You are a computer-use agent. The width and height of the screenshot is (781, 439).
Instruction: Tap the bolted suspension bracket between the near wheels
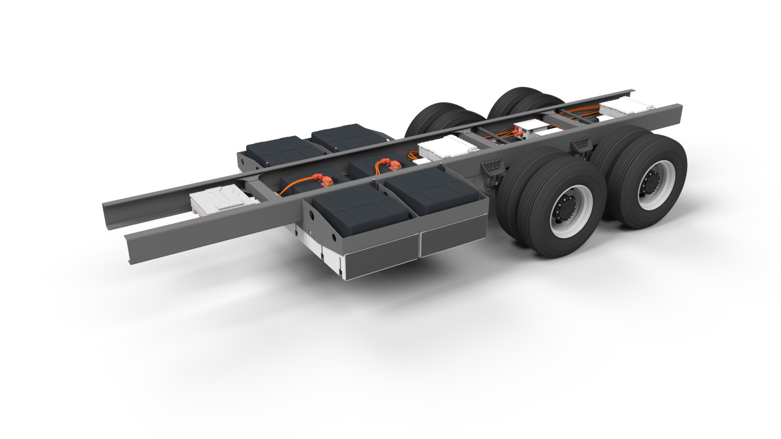580,144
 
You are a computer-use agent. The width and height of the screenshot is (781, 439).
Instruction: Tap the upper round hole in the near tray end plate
311,214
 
